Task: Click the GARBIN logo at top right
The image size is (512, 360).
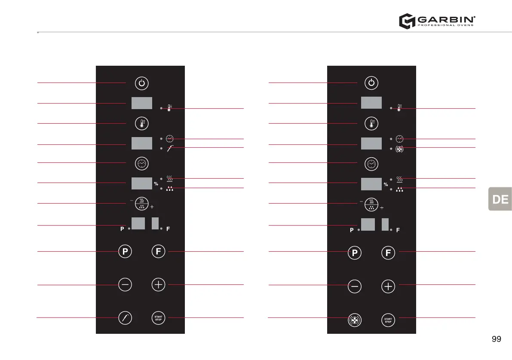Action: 437,21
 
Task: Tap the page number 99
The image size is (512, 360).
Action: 496,339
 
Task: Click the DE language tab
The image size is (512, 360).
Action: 500,199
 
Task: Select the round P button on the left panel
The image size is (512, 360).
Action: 125,252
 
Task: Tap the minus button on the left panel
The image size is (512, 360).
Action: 125,285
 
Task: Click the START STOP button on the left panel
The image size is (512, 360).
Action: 159,318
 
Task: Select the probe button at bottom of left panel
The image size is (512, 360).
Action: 125,318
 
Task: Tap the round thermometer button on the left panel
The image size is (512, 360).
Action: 141,124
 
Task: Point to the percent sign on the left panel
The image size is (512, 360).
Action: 156,184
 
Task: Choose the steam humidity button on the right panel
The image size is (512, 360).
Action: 371,204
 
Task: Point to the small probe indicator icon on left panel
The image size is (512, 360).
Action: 170,148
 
